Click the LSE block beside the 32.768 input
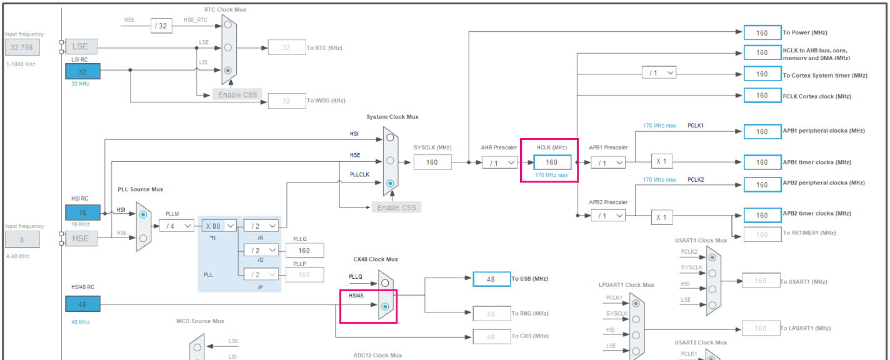(x=80, y=47)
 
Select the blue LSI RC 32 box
(x=82, y=72)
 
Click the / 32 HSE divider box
(x=161, y=25)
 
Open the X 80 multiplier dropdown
(x=219, y=226)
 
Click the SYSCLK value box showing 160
(x=432, y=162)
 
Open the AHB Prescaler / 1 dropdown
(x=500, y=162)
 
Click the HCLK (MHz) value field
(x=552, y=162)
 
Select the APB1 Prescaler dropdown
(x=607, y=162)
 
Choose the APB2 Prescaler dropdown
(x=607, y=216)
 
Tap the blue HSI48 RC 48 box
(x=82, y=304)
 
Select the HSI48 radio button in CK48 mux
(x=385, y=306)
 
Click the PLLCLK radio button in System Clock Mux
(x=391, y=183)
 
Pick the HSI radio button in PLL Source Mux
(x=143, y=214)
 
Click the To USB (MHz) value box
(x=491, y=279)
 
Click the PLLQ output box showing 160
(x=304, y=251)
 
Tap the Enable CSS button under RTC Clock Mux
(x=237, y=95)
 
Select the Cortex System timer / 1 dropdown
(x=659, y=73)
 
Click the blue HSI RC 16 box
(x=82, y=212)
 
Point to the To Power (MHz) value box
(x=762, y=33)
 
